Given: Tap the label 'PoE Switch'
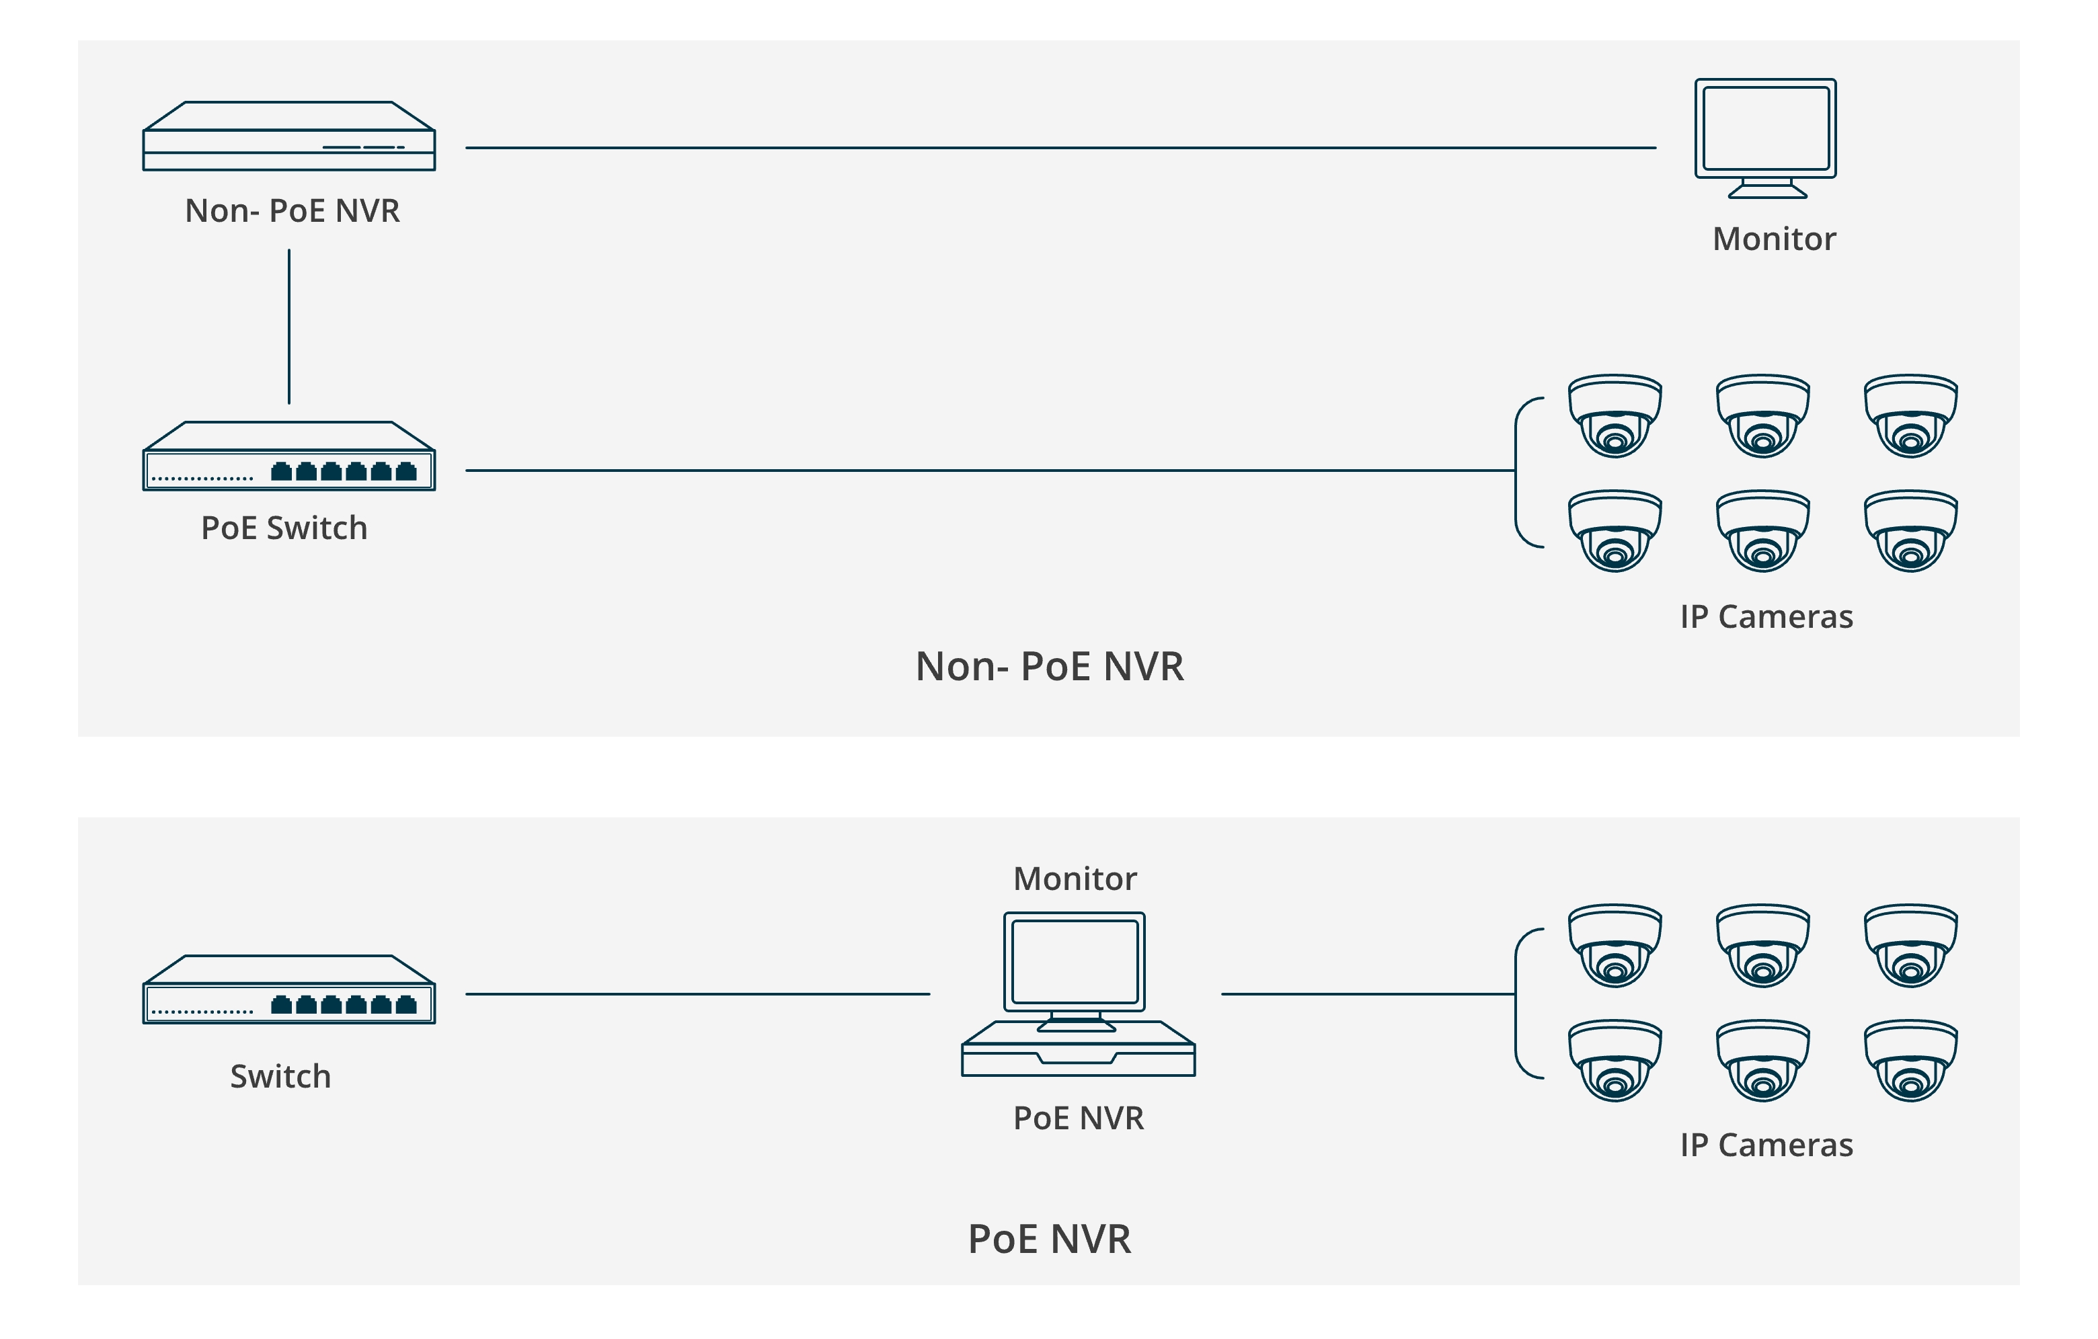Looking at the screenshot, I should (284, 528).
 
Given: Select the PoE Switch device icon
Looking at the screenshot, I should (288, 456).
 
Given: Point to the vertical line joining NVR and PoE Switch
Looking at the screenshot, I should (288, 327).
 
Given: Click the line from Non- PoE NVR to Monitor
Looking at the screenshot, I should (1060, 148).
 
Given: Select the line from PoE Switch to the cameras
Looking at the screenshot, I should (989, 471).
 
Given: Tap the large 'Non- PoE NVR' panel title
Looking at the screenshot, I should (1049, 666).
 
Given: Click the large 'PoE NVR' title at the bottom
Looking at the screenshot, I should (1049, 1239).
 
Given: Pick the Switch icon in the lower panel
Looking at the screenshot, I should (288, 991).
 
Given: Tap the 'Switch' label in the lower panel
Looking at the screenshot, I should (280, 1077).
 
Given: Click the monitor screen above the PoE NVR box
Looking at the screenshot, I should (1075, 962).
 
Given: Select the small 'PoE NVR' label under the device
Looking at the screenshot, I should (1078, 1119).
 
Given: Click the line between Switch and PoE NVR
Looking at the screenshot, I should (697, 994).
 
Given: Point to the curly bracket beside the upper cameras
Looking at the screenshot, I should (1520, 472).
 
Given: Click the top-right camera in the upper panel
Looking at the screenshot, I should (1910, 417).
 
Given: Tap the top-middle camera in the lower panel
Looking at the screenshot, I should (1762, 945).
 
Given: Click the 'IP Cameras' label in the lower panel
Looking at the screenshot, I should (1765, 1145).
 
